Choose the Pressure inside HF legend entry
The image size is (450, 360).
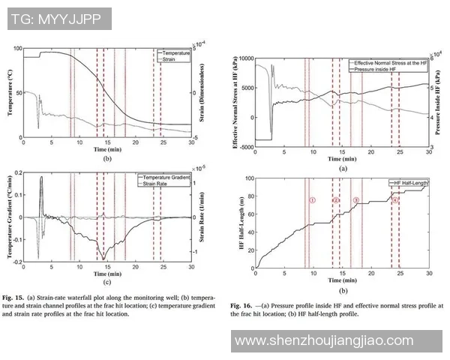(385, 68)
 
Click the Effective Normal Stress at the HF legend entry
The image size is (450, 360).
(391, 62)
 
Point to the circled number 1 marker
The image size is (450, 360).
(312, 200)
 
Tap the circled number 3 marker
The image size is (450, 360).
(356, 200)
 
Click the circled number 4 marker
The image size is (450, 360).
(395, 200)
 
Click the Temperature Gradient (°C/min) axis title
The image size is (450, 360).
(10, 215)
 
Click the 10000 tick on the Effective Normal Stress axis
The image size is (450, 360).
(245, 57)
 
